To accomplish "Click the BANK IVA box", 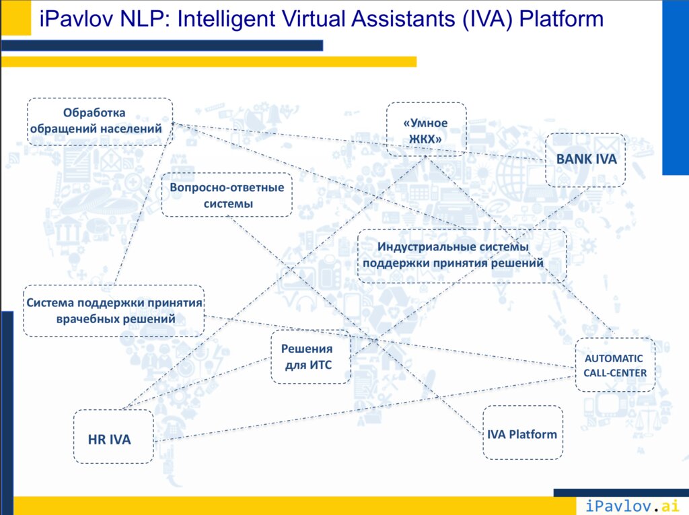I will coord(585,160).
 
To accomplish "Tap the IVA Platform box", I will coord(523,433).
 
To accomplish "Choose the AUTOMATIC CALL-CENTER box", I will coord(615,365).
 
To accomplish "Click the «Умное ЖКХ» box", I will coord(426,130).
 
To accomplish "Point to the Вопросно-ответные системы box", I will coord(227,195).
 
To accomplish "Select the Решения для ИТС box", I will coord(311,356).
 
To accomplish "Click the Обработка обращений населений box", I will coord(100,121).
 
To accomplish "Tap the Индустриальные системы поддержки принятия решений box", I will coord(462,255).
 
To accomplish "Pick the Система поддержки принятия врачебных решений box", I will coord(114,311).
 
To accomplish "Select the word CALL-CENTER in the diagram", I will coord(615,373).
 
